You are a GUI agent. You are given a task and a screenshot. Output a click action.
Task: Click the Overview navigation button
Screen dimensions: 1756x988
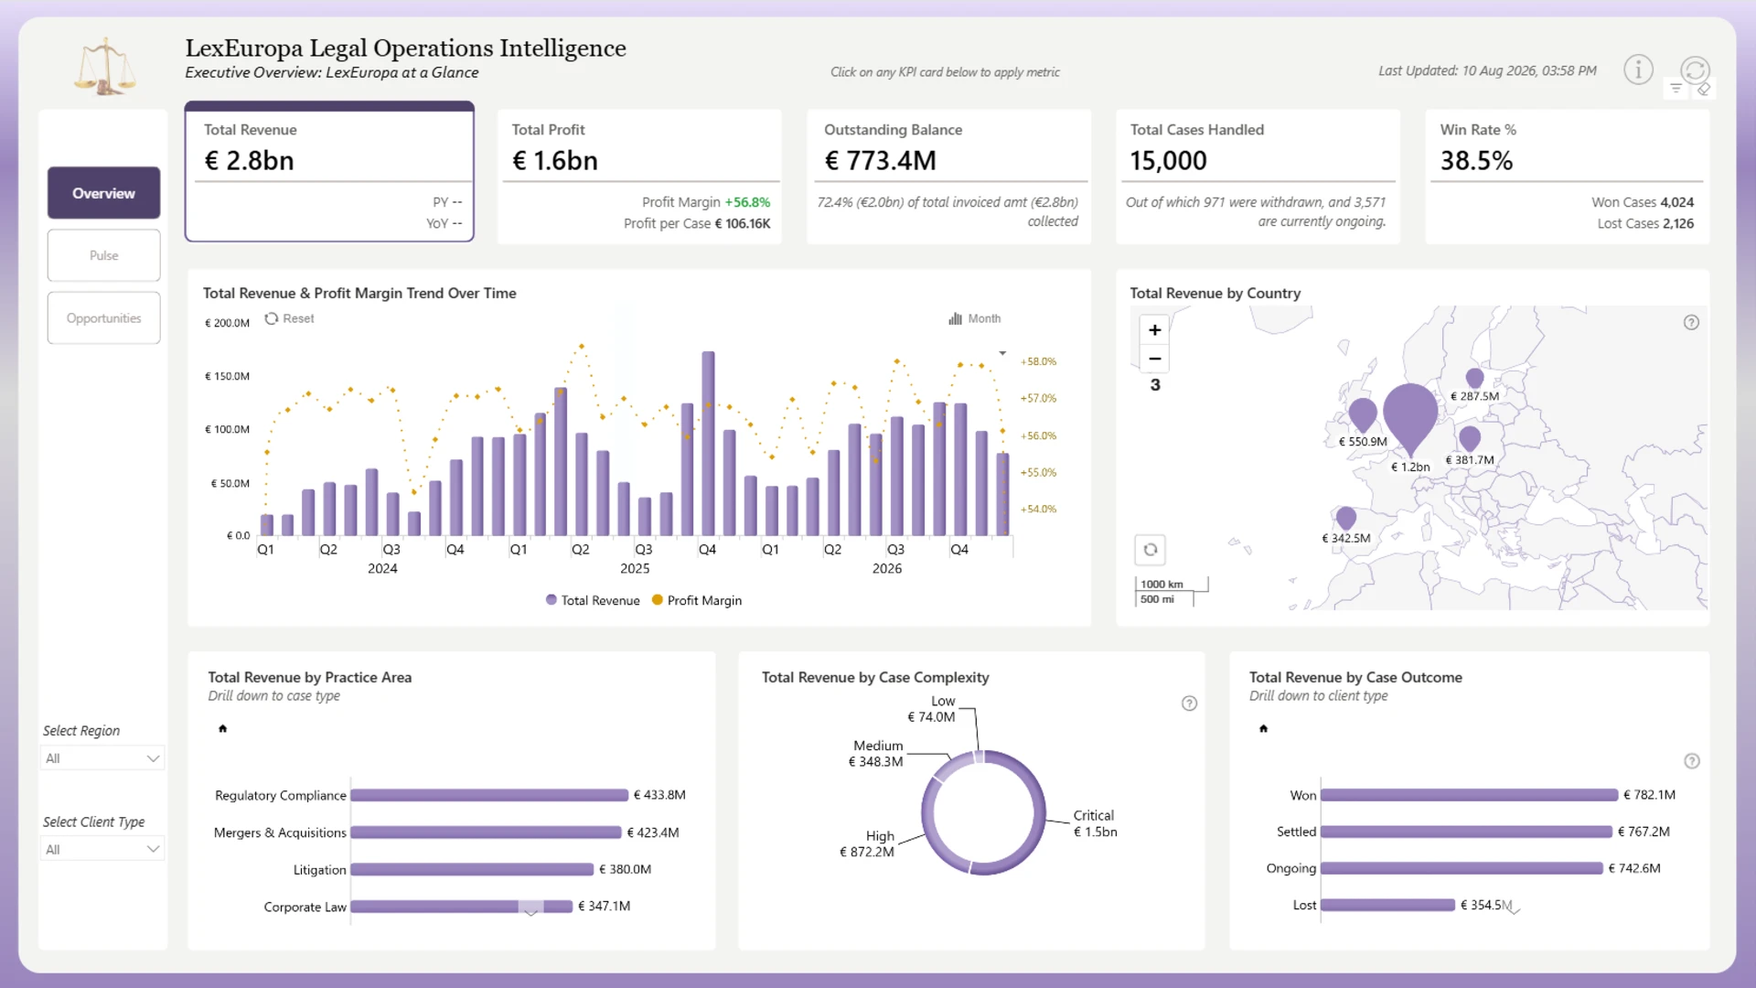click(103, 193)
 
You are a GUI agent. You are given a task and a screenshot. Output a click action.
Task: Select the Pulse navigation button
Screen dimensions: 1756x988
click(103, 255)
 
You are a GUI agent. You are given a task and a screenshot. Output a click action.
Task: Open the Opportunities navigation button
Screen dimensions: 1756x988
click(103, 318)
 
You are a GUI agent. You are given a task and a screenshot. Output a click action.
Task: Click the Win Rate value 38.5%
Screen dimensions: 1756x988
click(1476, 161)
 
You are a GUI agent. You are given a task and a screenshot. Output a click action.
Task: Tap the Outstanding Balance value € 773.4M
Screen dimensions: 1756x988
click(880, 161)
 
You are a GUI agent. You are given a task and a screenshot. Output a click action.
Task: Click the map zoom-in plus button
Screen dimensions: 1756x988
click(1154, 330)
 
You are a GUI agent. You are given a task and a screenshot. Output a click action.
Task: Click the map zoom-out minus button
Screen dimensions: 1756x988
click(1154, 359)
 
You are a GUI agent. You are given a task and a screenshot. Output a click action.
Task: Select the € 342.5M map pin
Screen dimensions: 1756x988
click(1345, 518)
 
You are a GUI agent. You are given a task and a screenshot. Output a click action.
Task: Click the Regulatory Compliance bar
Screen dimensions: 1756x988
click(489, 795)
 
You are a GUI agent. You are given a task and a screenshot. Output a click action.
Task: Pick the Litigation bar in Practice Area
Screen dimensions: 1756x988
click(472, 869)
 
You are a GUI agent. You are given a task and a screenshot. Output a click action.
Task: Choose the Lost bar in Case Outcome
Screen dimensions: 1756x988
click(1387, 905)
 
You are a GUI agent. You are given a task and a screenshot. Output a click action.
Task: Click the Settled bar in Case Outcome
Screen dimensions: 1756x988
click(1466, 832)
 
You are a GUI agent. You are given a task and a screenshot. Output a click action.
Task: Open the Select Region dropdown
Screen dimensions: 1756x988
click(102, 758)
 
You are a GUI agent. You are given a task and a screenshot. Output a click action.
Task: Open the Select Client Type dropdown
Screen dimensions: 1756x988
click(102, 850)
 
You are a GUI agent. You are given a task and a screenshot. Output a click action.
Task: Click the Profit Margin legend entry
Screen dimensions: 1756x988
click(697, 600)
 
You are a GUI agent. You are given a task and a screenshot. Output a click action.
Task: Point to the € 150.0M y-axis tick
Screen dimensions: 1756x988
click(227, 376)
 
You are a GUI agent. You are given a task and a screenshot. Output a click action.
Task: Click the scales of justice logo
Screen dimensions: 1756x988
click(105, 66)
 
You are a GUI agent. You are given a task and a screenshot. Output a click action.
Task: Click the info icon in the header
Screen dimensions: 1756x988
click(1638, 70)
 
